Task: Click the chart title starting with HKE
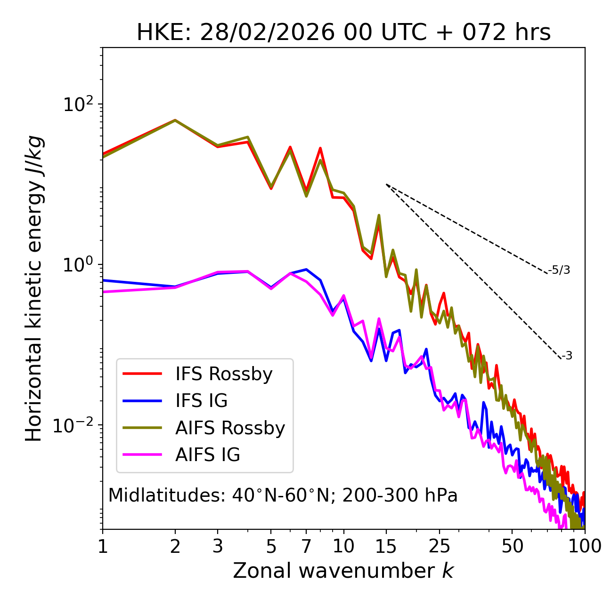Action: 343,33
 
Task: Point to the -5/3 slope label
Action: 559,270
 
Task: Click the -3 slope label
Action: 567,356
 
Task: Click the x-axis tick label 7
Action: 306,546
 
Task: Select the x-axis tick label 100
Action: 585,546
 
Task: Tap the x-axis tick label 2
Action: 175,546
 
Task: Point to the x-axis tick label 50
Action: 512,546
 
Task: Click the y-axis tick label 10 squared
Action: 78,104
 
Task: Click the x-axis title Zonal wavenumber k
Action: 343,571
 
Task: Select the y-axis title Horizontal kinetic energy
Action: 34,288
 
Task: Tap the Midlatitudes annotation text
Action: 283,495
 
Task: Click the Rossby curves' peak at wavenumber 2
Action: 175,120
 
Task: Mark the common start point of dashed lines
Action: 386,184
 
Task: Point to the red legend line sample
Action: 142,374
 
